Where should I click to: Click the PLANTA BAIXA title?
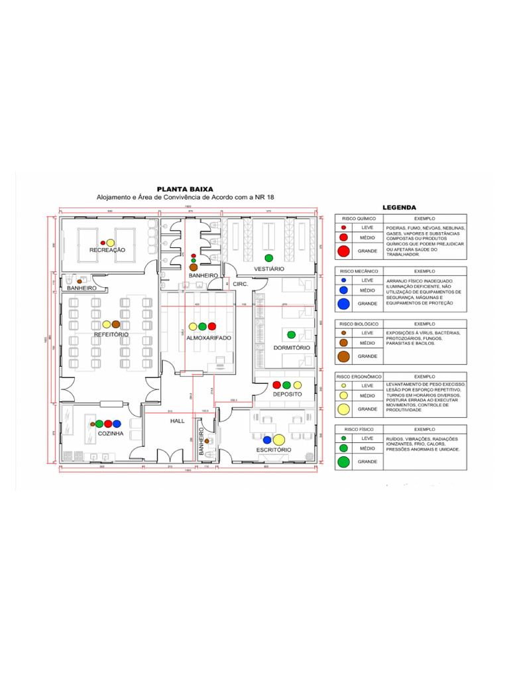184,189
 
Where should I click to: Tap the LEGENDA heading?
399,207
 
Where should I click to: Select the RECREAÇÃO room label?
107,250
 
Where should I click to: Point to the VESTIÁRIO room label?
268,269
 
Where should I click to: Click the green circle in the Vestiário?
269,257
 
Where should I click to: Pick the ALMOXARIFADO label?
208,338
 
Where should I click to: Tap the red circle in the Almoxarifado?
212,326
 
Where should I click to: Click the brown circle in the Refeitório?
116,324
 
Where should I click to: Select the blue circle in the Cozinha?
117,423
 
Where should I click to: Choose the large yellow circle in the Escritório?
278,439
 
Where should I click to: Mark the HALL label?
177,421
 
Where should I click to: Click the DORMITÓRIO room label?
292,347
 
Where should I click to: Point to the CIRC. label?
240,283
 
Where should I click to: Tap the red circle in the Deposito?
277,385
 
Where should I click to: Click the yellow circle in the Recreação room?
111,243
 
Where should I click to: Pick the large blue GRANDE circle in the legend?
343,304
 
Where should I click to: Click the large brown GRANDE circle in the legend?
343,356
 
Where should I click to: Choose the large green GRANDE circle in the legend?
343,462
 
